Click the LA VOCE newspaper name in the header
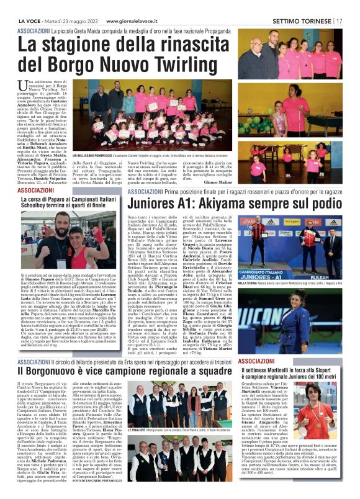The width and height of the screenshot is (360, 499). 30,20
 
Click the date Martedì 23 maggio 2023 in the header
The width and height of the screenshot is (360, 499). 68,20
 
